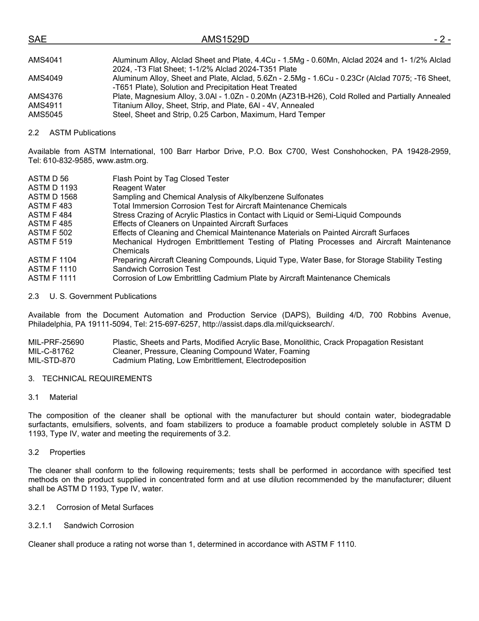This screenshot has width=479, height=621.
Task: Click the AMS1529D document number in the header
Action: (225, 39)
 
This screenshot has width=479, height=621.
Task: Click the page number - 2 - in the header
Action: (441, 39)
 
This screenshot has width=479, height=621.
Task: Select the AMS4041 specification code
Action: (45, 60)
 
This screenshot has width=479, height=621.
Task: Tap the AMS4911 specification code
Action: (45, 106)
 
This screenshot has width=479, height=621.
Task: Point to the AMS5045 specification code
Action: (45, 115)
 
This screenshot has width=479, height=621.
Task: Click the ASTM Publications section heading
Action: (82, 133)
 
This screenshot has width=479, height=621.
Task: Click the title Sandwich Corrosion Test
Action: (156, 269)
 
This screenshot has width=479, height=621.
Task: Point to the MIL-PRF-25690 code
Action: (56, 342)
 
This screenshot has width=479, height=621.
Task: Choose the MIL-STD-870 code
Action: (51, 360)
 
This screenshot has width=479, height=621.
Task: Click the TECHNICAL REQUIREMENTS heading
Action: (97, 379)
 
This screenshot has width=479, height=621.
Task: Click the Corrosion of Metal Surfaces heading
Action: (105, 507)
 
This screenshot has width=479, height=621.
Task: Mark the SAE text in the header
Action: (37, 39)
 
